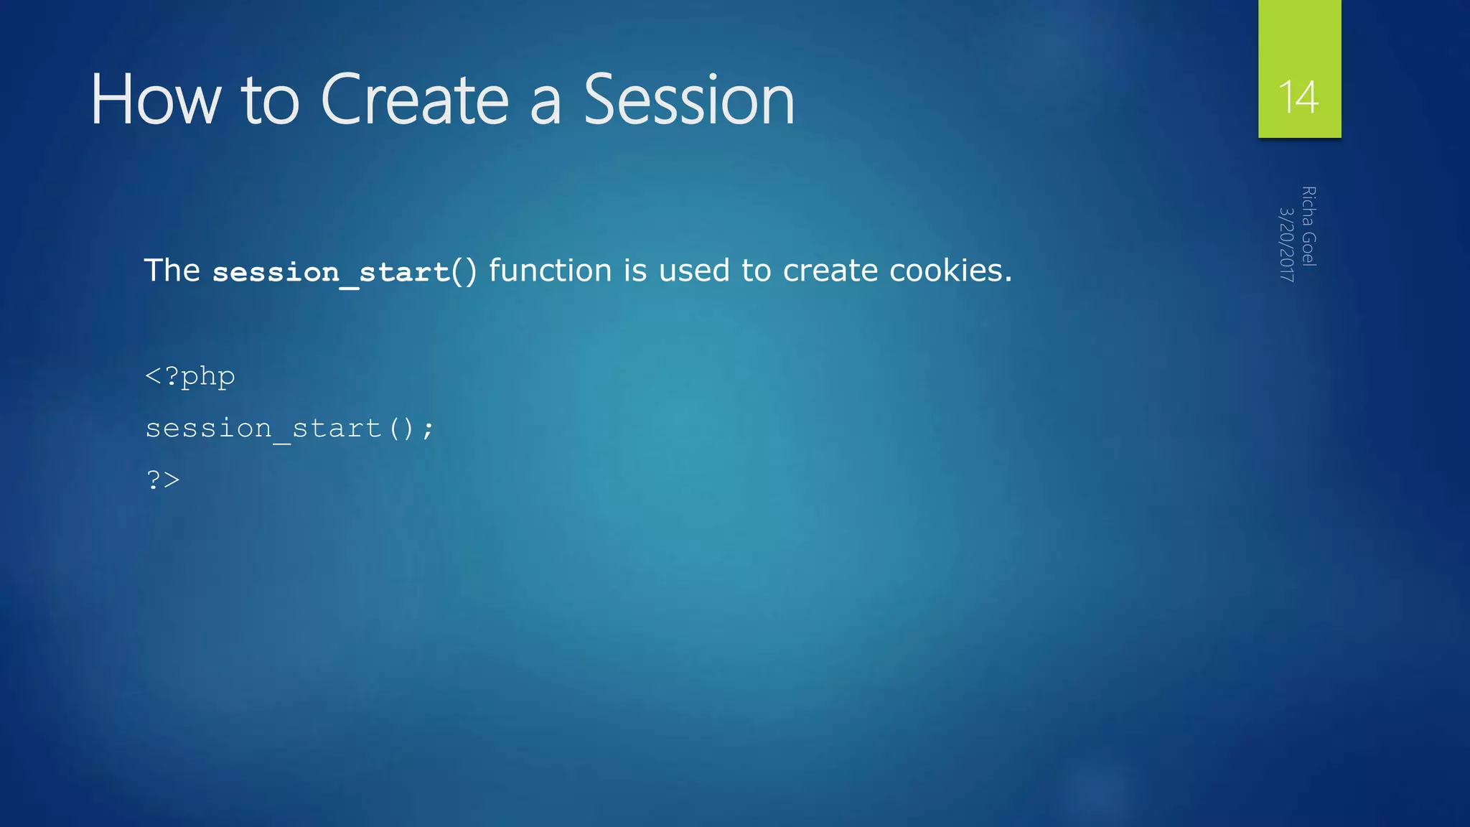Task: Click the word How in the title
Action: [155, 101]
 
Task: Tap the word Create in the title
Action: [415, 101]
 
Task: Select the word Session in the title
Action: [689, 101]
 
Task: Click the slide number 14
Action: [1298, 97]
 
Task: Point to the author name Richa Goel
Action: [1309, 226]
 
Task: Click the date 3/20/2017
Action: [1287, 244]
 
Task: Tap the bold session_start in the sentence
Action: [331, 272]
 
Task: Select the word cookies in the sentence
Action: [950, 271]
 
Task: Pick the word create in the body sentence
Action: [830, 271]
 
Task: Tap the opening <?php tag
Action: [189, 376]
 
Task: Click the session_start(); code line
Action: [289, 429]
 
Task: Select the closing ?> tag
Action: [163, 480]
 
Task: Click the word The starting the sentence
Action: [172, 271]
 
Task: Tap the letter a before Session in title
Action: [545, 104]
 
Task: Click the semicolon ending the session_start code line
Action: [428, 429]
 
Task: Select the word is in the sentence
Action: [635, 271]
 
